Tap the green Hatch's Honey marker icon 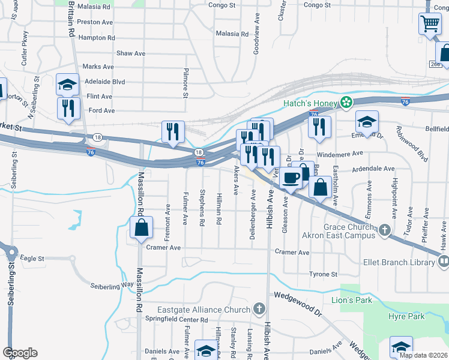tap(346, 103)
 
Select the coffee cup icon tap(292, 178)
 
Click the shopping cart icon tap(430, 25)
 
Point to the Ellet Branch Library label tap(399, 262)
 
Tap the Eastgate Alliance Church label tap(203, 310)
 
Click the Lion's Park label tap(352, 300)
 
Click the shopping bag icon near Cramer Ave tap(141, 229)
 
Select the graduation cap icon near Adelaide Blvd tap(67, 85)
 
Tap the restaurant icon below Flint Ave tap(67, 108)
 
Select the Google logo tap(20, 353)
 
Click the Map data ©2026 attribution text tap(423, 355)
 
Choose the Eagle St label tap(32, 259)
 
